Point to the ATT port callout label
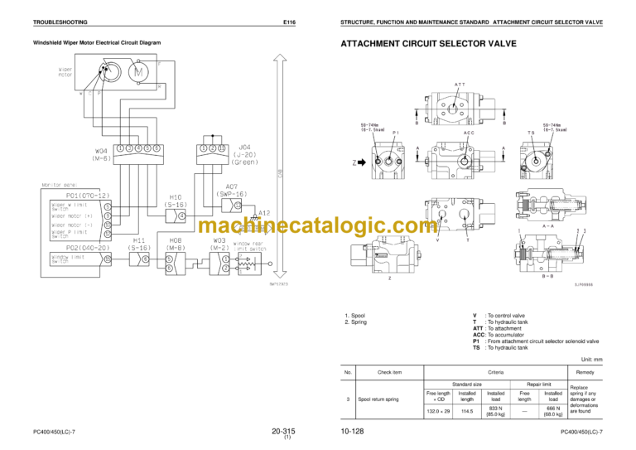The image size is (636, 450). tap(458, 84)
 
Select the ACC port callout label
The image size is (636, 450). tap(469, 132)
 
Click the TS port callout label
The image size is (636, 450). tap(529, 132)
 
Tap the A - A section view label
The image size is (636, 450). tap(547, 224)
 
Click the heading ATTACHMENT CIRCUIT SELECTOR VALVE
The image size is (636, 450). tap(422, 43)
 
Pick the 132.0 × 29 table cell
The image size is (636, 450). tap(438, 409)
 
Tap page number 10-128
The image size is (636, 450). tap(351, 432)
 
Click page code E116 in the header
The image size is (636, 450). tap(289, 22)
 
